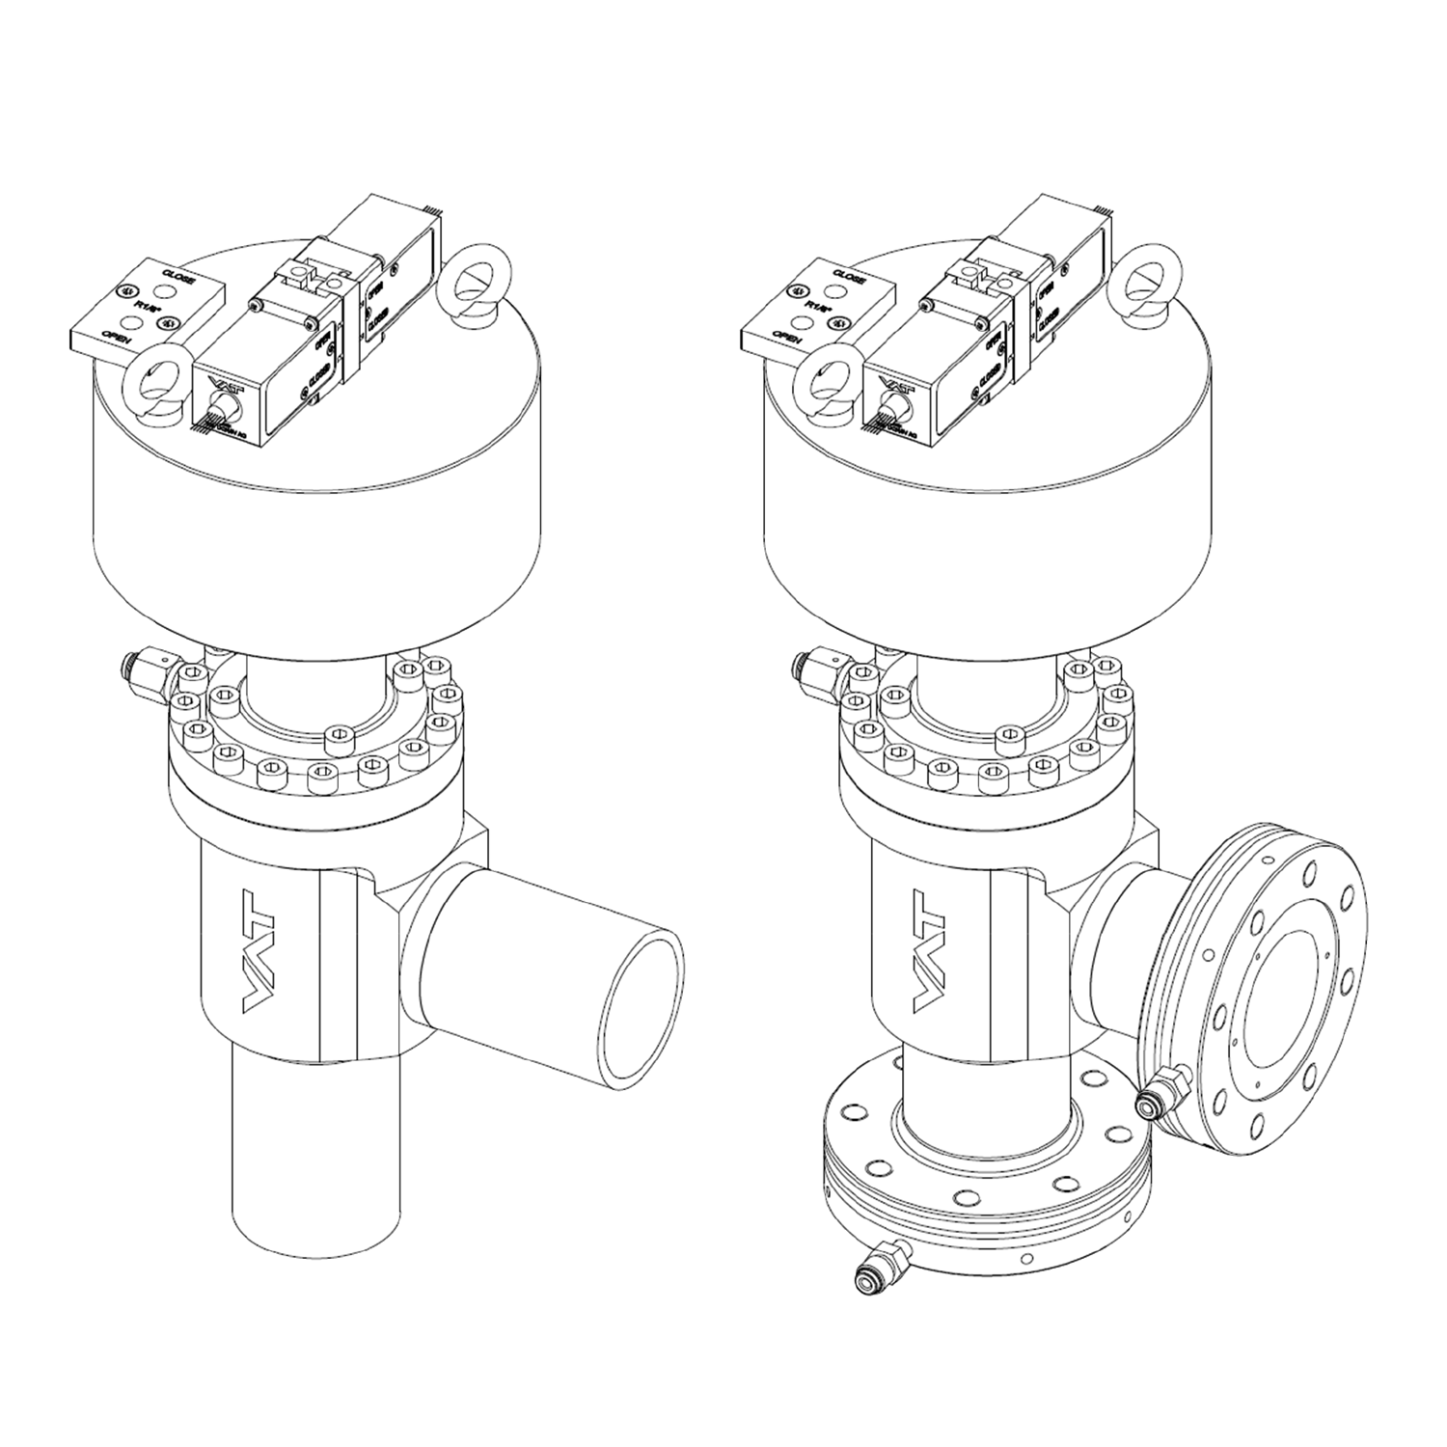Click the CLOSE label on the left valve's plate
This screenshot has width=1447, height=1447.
click(180, 279)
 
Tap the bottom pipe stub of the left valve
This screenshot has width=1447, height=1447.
click(316, 1148)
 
